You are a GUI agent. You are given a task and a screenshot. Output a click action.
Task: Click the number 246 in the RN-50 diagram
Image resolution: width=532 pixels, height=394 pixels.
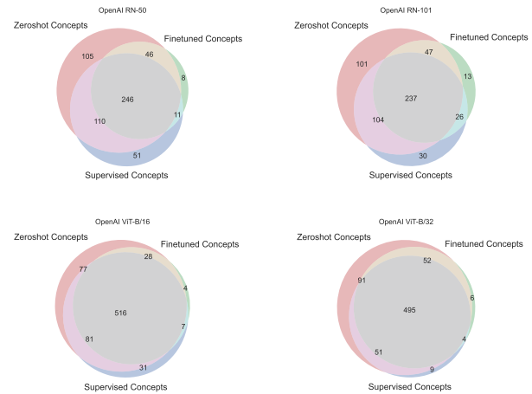[127, 100]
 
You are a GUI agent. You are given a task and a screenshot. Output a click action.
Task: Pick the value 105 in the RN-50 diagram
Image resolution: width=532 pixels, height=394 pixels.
[87, 56]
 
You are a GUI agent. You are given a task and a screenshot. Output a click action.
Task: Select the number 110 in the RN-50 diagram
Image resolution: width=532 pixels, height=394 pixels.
[100, 121]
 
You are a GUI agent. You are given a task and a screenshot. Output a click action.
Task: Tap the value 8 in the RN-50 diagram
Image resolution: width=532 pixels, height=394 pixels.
[183, 78]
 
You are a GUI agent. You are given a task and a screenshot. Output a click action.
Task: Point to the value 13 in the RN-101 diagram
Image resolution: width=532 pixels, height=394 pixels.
[467, 77]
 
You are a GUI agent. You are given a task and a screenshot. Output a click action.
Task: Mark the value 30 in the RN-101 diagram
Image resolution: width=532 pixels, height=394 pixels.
[422, 156]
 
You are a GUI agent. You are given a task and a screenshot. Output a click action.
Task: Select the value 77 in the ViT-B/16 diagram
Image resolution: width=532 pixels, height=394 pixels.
[85, 270]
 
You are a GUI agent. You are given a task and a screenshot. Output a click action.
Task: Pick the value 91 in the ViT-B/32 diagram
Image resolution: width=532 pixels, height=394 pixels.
[361, 280]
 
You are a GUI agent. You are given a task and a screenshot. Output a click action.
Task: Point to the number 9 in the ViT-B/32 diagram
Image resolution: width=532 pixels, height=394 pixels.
[431, 371]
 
